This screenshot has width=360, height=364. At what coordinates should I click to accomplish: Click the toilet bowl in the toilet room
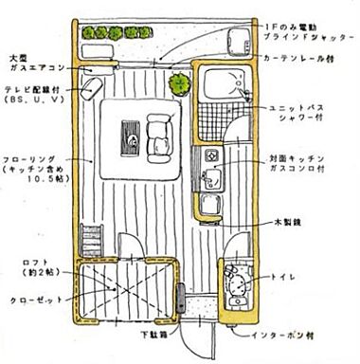(x=238, y=286)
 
